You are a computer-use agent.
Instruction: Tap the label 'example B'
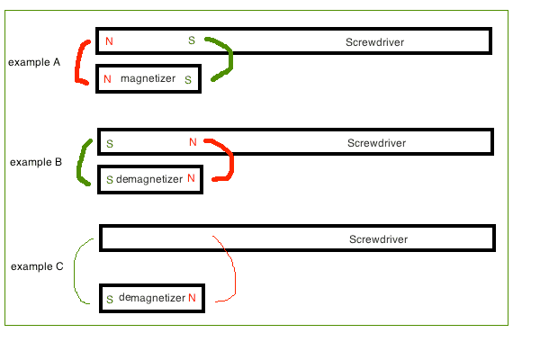tap(36, 162)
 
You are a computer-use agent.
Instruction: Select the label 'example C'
tap(37, 266)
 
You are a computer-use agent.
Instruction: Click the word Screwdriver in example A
tap(374, 42)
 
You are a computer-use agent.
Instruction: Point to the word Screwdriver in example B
tap(376, 143)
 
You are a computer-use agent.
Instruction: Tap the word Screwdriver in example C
tap(378, 239)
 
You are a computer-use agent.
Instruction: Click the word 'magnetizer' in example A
tap(148, 79)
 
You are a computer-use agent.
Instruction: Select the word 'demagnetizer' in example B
tap(149, 179)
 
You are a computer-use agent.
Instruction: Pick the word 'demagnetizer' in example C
tap(152, 297)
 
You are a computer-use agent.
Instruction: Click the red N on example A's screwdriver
tap(109, 41)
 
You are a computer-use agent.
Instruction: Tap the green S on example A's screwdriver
tap(191, 40)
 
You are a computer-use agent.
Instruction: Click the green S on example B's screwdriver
tap(110, 143)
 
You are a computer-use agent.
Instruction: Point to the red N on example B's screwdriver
tap(193, 142)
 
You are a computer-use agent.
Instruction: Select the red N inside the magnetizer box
tap(107, 79)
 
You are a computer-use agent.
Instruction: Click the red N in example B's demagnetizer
tap(191, 179)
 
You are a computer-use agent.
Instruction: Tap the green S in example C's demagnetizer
tap(110, 299)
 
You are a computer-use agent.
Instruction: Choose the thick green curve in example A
tap(229, 58)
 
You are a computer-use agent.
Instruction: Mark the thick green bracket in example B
tap(81, 164)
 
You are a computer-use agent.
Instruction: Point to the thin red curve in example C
tap(234, 270)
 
